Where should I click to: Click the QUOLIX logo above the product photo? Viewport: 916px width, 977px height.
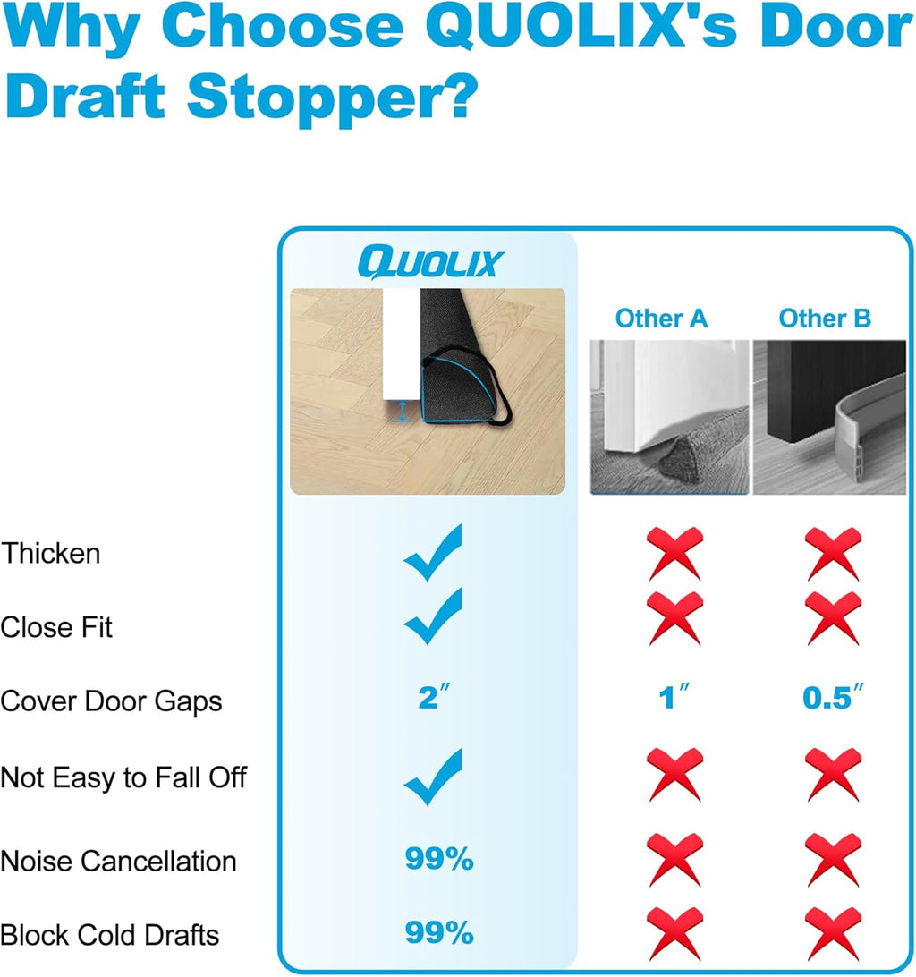click(x=430, y=262)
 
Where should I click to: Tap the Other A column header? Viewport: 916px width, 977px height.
click(x=661, y=318)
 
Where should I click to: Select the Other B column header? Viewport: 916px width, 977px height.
click(x=824, y=318)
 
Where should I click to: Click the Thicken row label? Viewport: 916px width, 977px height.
click(x=50, y=553)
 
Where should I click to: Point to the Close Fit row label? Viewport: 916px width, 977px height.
click(x=56, y=627)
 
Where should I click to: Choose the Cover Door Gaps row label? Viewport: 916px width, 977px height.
click(x=111, y=701)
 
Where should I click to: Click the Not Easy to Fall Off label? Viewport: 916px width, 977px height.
click(x=123, y=777)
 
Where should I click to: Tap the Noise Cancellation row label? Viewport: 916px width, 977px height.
click(x=118, y=861)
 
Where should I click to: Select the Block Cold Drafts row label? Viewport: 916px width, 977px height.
click(x=109, y=935)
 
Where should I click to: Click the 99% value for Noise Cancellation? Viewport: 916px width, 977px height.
click(x=438, y=860)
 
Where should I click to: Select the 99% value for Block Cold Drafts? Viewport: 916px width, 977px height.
click(x=438, y=934)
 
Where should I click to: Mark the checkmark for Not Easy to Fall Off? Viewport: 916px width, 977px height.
click(x=434, y=777)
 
